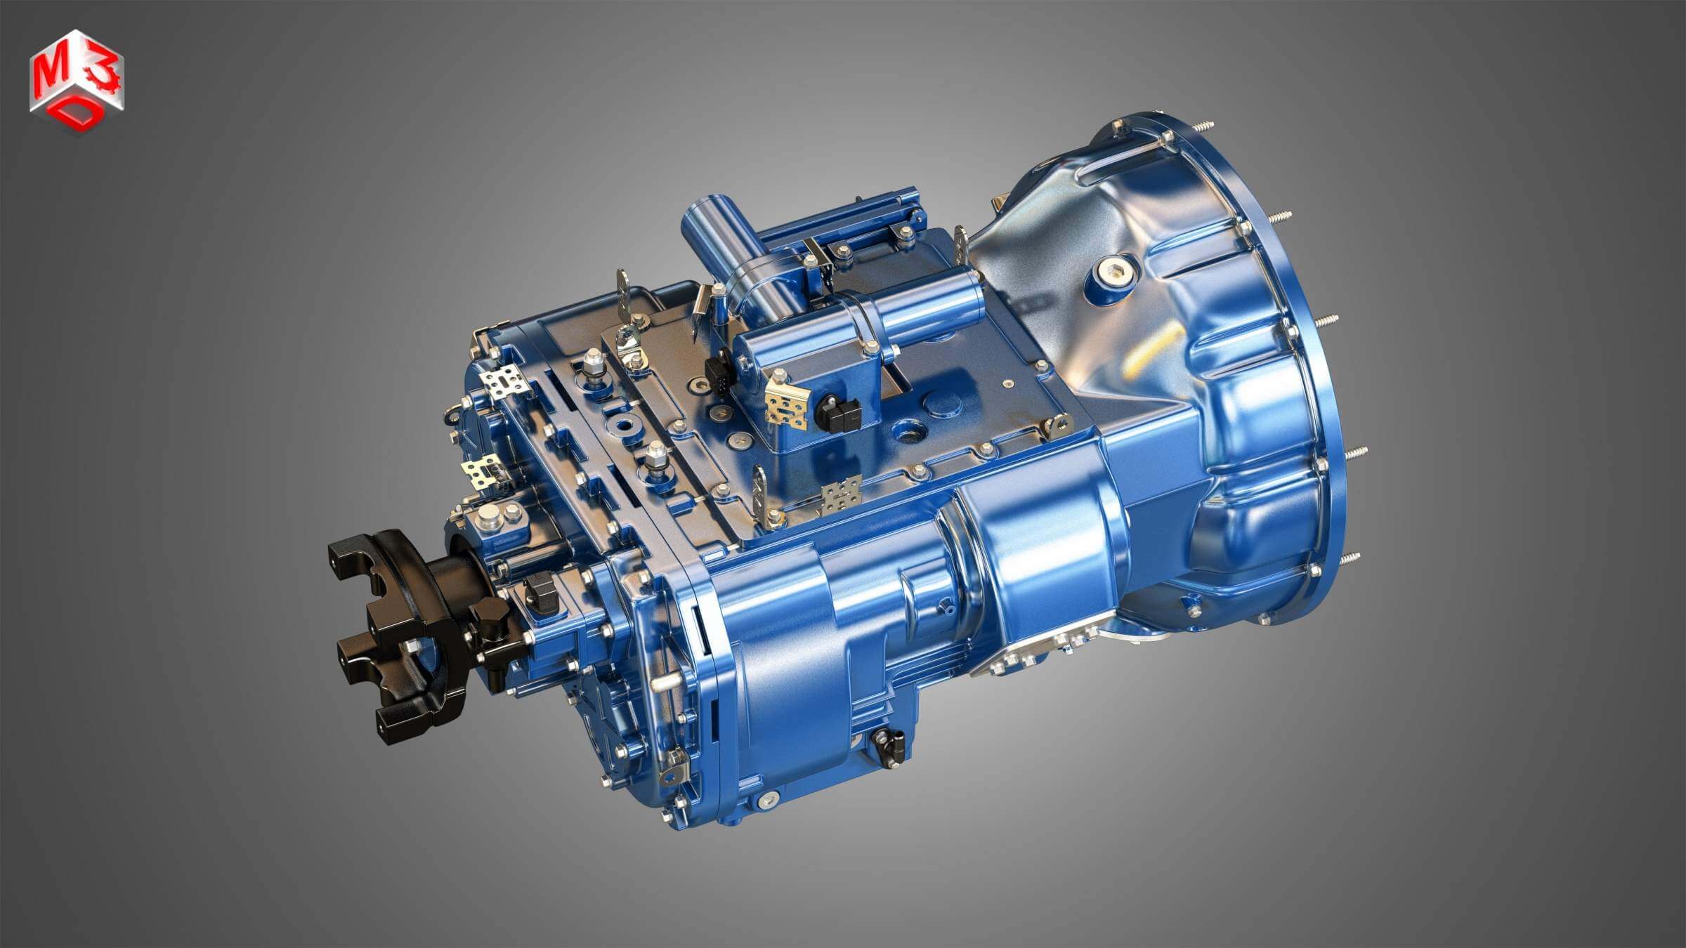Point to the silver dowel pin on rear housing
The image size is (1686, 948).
(x=665, y=684)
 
